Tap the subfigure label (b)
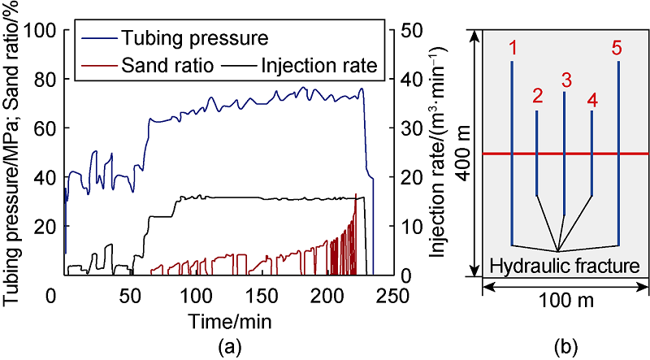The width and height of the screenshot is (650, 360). [565, 348]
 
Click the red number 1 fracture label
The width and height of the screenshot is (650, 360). [513, 48]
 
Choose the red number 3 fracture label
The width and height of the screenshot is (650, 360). [565, 80]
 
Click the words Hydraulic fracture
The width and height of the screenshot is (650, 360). [565, 265]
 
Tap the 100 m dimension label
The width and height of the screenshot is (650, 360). [566, 300]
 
